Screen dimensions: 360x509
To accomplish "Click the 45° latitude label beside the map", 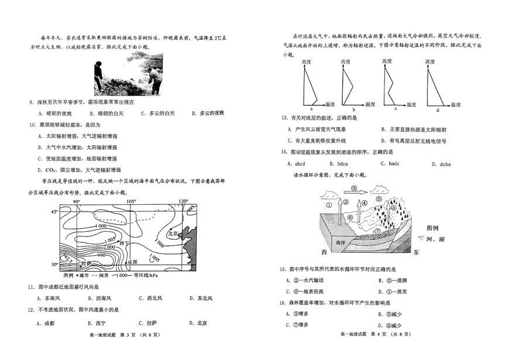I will (54, 211).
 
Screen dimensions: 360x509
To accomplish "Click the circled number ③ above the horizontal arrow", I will (355, 189).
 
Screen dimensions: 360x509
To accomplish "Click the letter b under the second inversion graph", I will (354, 109).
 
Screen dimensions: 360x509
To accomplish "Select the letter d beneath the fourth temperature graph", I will (437, 109).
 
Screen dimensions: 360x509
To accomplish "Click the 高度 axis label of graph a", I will (307, 61).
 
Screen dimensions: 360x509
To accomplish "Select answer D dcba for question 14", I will (441, 164).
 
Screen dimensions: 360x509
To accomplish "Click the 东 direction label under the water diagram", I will (416, 252).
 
